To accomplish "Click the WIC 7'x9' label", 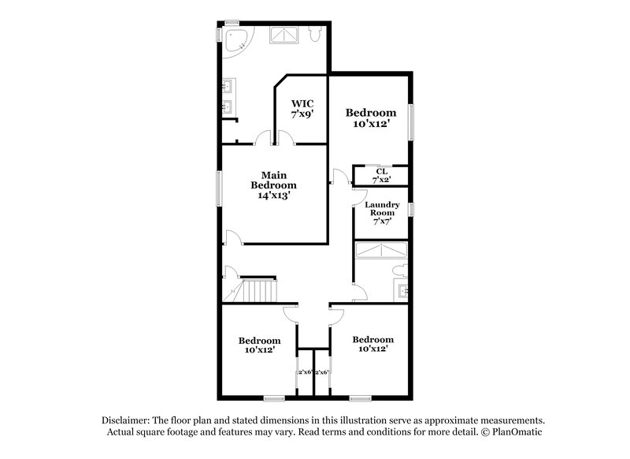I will point(303,108).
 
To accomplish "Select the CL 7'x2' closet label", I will point(381,175).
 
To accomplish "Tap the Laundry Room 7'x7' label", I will point(381,212).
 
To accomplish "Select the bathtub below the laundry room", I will point(380,250).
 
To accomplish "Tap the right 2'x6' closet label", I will point(322,371).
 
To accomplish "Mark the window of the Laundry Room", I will point(410,209).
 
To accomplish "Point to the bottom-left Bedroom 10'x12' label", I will point(259,345).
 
